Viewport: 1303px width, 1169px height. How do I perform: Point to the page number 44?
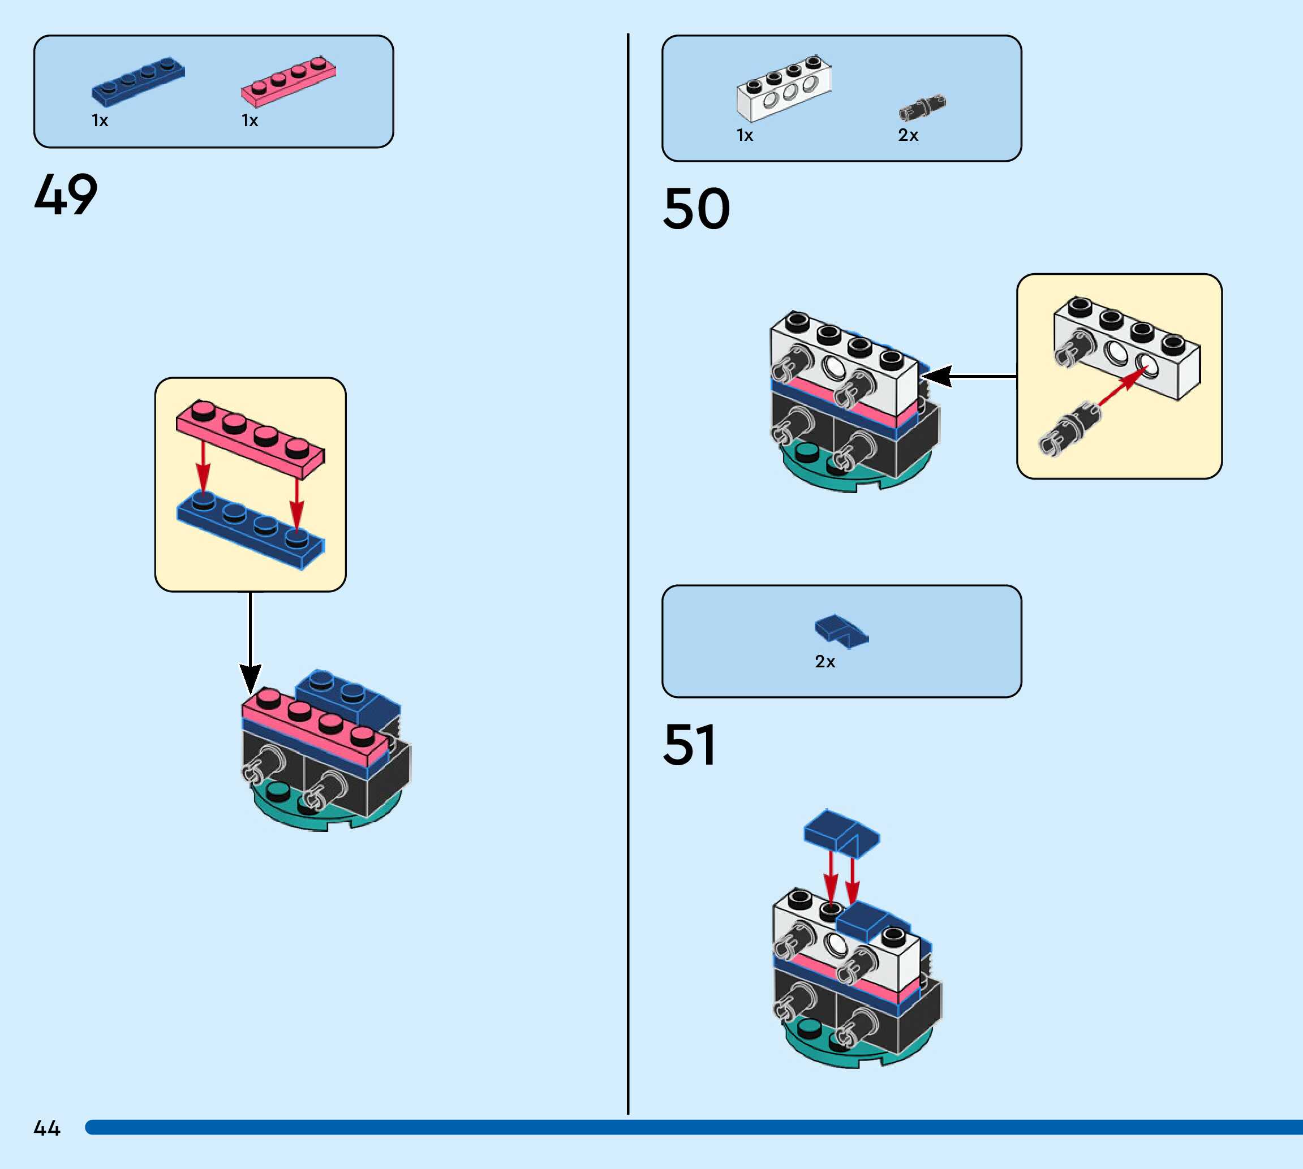[x=47, y=1128]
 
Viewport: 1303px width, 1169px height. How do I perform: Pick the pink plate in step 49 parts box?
[x=289, y=81]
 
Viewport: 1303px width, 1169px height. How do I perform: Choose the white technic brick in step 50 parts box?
[x=784, y=88]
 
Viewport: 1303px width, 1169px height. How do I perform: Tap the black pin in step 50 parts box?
[x=923, y=108]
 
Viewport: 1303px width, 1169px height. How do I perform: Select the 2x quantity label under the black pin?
[x=908, y=136]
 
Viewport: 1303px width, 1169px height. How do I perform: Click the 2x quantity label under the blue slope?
[x=825, y=662]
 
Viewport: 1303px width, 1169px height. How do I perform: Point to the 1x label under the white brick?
[x=745, y=136]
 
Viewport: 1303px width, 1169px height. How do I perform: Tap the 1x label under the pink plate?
[x=250, y=121]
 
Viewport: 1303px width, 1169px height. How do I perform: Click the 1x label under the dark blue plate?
[x=100, y=121]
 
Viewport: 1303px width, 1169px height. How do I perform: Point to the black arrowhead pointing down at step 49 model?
[x=251, y=678]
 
